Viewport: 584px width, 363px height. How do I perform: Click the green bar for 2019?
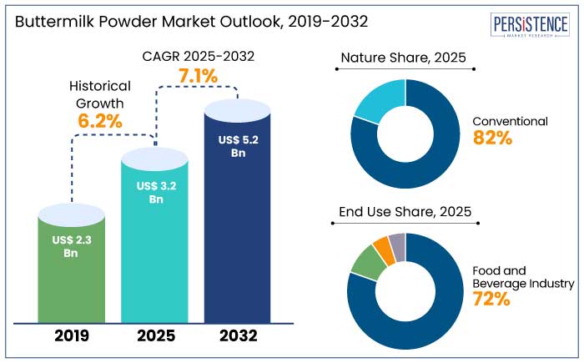point(71,267)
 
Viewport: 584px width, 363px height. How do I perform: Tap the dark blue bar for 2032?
point(238,225)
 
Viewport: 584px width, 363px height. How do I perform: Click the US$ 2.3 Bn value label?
point(71,248)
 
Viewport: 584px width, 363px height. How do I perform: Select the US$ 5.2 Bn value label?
point(238,147)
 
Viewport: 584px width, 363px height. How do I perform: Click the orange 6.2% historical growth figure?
point(100,121)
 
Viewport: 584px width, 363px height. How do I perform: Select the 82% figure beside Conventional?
point(492,139)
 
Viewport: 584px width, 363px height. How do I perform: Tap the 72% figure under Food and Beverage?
point(491,299)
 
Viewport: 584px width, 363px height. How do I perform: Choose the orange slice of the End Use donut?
point(382,247)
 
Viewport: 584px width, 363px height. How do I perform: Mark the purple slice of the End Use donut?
point(397,243)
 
